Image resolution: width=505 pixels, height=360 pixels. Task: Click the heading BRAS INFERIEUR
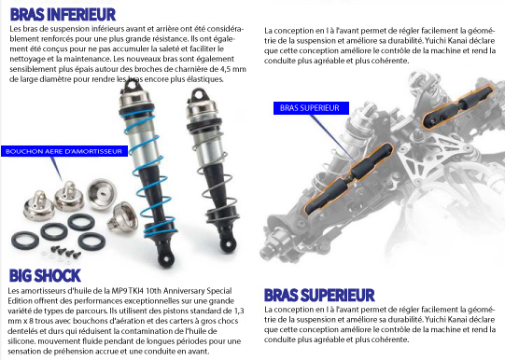click(63, 15)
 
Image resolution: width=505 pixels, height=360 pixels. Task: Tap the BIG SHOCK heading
click(45, 276)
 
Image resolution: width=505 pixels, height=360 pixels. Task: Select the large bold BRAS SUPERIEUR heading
click(319, 296)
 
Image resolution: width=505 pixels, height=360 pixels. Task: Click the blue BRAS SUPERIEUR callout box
click(311, 108)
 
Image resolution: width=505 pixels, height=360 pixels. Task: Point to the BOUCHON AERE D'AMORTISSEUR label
click(64, 151)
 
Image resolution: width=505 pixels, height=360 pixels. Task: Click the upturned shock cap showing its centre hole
click(102, 194)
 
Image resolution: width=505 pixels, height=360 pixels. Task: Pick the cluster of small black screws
click(65, 252)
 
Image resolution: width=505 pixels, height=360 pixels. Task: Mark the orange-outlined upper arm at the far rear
click(457, 105)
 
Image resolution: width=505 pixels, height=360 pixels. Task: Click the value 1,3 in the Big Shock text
click(239, 311)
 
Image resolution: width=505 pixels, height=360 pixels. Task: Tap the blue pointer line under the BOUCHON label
click(56, 169)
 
